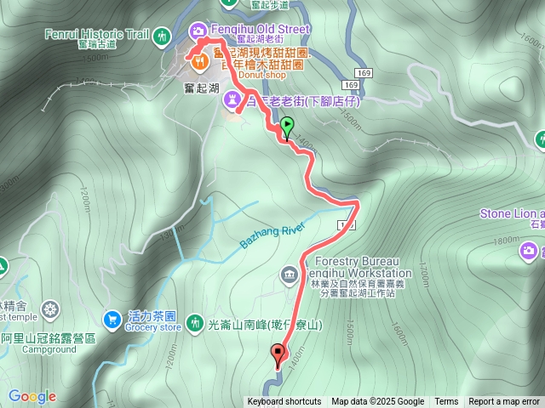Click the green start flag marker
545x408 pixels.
tap(287, 127)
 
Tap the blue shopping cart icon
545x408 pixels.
tap(111, 319)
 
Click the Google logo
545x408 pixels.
tap(32, 397)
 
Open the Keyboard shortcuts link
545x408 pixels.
tap(284, 402)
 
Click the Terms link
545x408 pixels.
tap(446, 402)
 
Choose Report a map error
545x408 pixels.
tap(504, 402)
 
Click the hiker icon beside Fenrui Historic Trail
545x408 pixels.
tap(161, 37)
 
